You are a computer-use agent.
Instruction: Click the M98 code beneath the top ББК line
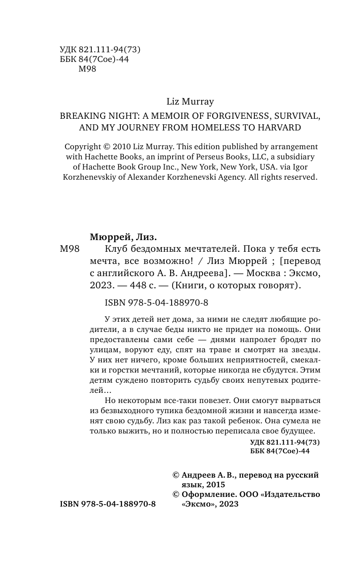point(88,70)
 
